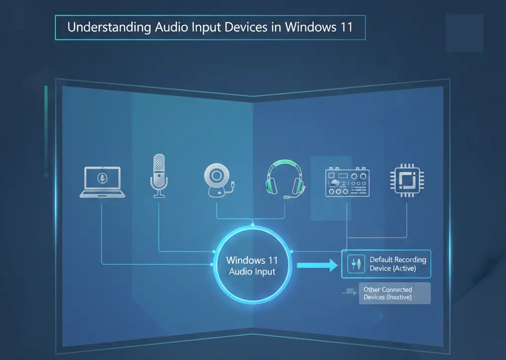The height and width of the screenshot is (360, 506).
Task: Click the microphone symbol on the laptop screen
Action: point(101,178)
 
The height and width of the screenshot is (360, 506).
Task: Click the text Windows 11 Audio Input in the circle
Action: point(252,266)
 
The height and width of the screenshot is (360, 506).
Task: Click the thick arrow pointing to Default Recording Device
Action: point(316,266)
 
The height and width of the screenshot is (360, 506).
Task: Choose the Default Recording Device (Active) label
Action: point(397,264)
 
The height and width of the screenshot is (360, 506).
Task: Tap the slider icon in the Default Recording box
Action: point(354,264)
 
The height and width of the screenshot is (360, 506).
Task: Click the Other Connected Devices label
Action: point(388,293)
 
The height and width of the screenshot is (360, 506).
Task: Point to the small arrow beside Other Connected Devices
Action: point(348,292)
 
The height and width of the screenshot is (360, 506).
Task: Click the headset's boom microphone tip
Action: point(286,197)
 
